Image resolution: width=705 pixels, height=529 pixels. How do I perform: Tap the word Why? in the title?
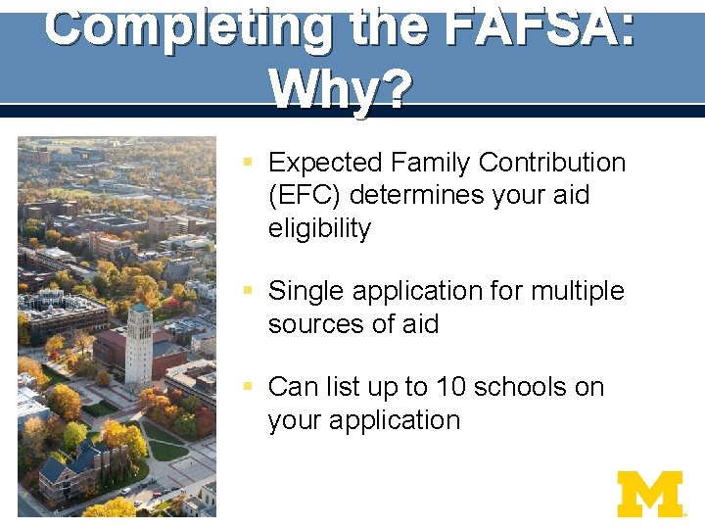341,90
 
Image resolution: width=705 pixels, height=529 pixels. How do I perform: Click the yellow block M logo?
650,494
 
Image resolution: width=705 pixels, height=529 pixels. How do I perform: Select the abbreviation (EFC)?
305,195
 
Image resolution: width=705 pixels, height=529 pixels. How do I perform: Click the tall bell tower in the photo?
138,342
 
